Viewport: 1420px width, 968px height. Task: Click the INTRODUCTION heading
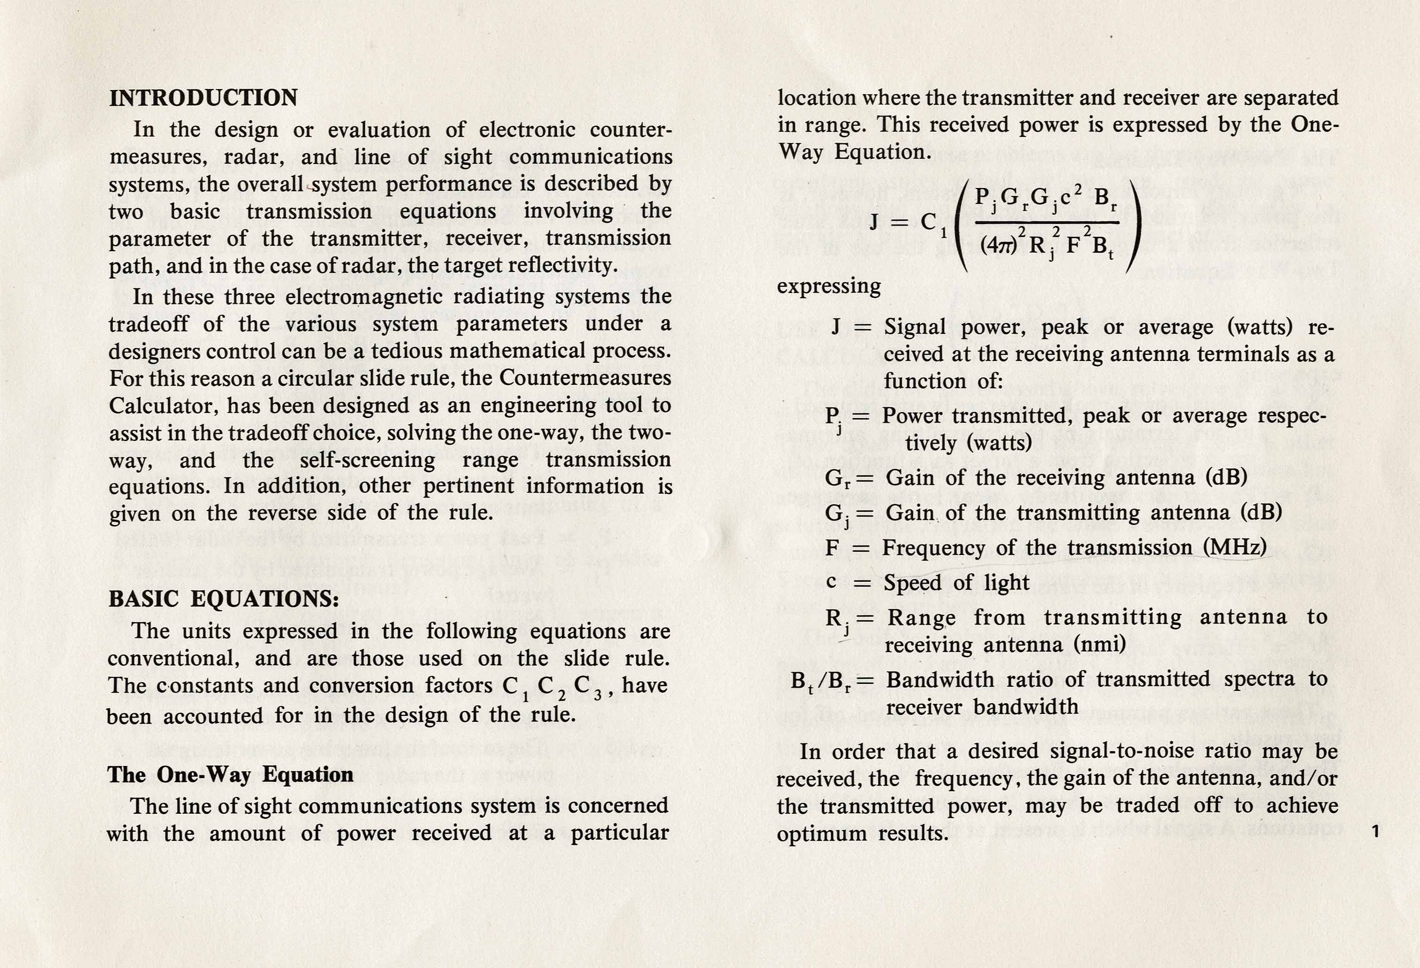coord(203,98)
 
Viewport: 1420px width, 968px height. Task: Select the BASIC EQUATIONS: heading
coord(224,599)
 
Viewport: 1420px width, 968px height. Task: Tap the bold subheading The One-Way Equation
coord(230,774)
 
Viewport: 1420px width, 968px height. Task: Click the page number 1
coord(1375,831)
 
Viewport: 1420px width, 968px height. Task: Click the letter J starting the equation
coord(874,221)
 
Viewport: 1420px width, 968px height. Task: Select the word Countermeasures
coord(585,378)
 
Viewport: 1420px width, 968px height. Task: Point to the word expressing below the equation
coord(828,286)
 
